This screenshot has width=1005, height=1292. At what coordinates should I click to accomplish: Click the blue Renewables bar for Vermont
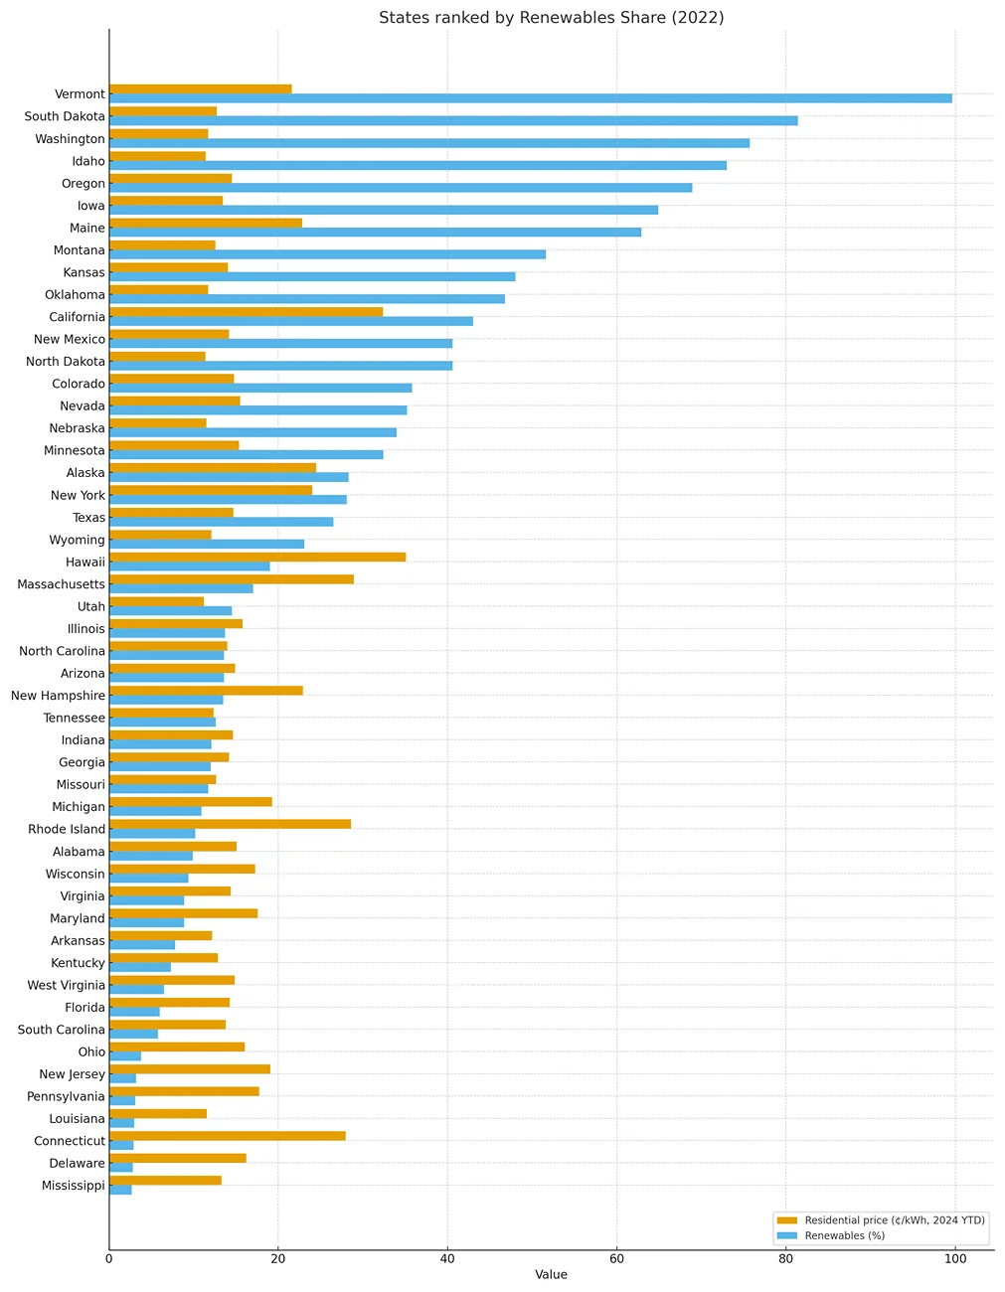point(530,98)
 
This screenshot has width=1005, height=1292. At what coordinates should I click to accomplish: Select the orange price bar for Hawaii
point(257,557)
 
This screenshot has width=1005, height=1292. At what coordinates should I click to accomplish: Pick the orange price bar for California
point(246,312)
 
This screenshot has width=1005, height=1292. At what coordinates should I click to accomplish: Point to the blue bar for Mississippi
point(120,1190)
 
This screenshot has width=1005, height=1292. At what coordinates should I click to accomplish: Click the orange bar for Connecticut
point(228,1136)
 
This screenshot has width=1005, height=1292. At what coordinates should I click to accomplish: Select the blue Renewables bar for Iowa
point(384,210)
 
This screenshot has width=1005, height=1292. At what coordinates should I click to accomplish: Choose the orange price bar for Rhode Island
point(230,824)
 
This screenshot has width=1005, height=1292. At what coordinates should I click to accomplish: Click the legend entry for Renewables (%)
point(844,1236)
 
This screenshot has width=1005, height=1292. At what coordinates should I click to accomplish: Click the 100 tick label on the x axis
point(954,1258)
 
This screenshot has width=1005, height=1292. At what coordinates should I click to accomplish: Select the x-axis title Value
point(551,1275)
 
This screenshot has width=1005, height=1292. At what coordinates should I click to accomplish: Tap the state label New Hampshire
point(58,696)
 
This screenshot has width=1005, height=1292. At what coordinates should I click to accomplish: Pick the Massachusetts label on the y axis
point(61,584)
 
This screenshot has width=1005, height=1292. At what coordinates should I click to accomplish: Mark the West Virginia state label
point(67,986)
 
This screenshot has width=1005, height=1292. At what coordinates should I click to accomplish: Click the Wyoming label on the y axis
point(77,541)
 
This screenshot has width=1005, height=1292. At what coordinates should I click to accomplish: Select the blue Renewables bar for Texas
point(221,522)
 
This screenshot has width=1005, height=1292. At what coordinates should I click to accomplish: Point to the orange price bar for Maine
point(206,223)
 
